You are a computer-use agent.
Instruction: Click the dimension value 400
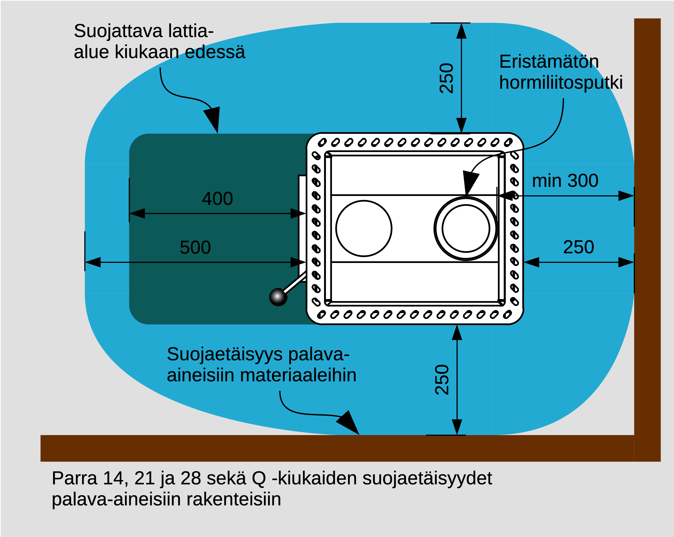pyautogui.click(x=217, y=199)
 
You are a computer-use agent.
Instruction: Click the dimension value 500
pyautogui.click(x=195, y=248)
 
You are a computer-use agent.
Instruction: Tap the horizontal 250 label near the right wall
pyautogui.click(x=578, y=247)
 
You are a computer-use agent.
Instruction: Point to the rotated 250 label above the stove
pyautogui.click(x=446, y=78)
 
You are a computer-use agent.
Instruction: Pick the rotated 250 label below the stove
pyautogui.click(x=442, y=380)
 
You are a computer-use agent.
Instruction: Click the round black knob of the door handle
pyautogui.click(x=278, y=297)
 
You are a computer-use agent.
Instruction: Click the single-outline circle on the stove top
pyautogui.click(x=364, y=228)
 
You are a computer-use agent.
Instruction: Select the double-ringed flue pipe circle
pyautogui.click(x=466, y=228)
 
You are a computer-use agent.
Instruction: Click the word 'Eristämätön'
pyautogui.click(x=549, y=62)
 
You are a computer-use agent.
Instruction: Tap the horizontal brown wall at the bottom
pyautogui.click(x=313, y=448)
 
